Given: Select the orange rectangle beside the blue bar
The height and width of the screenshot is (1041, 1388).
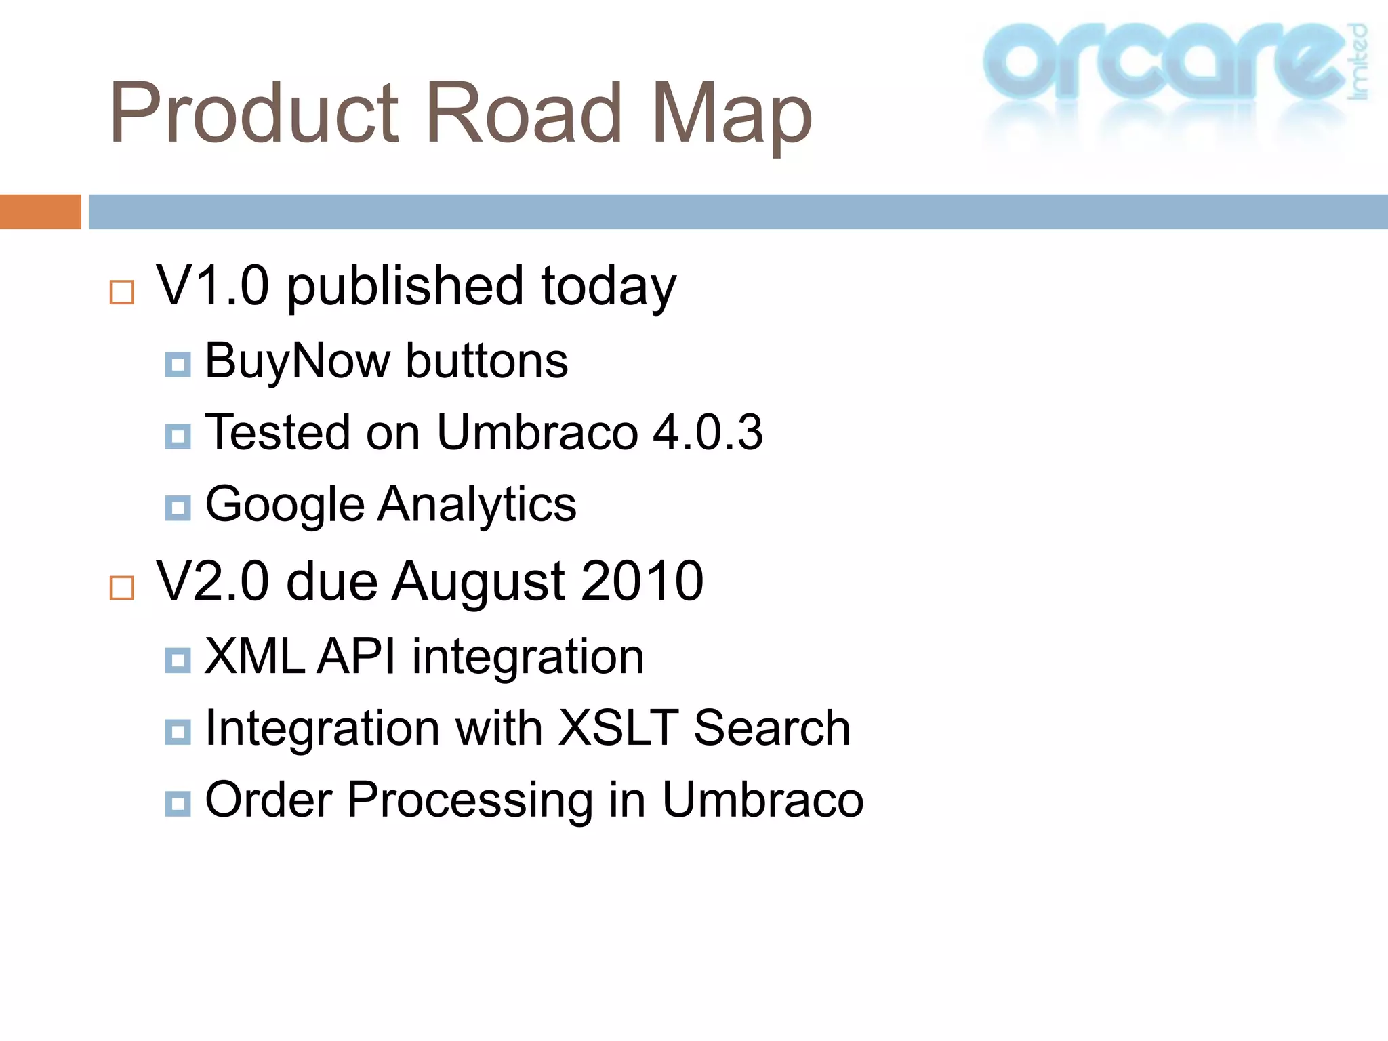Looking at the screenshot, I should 40,211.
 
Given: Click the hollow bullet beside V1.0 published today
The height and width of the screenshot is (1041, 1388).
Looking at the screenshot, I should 122,292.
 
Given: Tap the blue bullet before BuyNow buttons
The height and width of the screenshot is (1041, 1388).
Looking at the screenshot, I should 178,365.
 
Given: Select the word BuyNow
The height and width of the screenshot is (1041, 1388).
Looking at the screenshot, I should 298,361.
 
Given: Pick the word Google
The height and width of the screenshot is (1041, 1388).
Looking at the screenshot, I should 285,505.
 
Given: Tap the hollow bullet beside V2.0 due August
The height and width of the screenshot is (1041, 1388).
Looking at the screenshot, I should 122,588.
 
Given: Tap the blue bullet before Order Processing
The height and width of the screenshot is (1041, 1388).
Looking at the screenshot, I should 178,804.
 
